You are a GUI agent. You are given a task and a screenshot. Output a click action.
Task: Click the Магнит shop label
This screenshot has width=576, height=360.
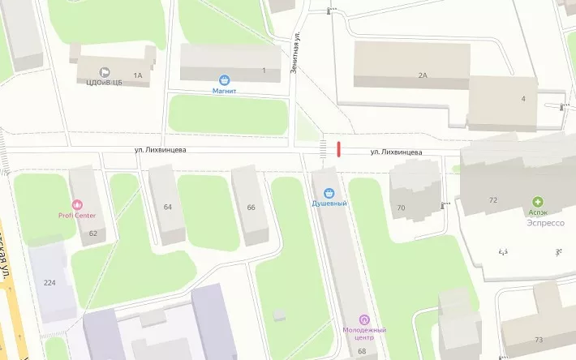(x=225, y=92)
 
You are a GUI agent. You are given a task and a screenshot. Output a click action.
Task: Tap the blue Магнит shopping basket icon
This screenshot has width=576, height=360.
(x=225, y=80)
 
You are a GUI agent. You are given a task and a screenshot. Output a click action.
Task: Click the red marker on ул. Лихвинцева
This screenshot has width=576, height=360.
(x=339, y=148)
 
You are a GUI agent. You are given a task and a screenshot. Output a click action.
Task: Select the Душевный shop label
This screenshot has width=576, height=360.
(x=329, y=204)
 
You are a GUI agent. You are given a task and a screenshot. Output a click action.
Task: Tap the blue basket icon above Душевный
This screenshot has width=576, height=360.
(x=329, y=193)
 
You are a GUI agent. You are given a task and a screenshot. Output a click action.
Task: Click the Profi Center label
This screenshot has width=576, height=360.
(x=77, y=216)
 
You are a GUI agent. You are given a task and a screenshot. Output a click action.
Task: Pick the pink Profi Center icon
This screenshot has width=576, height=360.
(x=78, y=205)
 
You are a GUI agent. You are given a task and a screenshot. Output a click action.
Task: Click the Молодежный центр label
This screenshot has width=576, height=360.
(x=363, y=334)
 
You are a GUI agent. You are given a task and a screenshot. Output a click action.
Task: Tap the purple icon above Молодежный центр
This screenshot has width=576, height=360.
(x=363, y=319)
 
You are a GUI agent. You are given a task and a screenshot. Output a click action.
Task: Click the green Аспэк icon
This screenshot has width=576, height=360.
(x=537, y=201)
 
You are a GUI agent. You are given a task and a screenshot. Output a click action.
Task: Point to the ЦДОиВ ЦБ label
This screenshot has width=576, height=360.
(x=104, y=82)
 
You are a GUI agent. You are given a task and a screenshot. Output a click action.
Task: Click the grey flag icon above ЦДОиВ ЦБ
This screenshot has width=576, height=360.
(x=104, y=71)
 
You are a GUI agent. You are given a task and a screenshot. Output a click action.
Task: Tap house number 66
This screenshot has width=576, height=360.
(x=251, y=208)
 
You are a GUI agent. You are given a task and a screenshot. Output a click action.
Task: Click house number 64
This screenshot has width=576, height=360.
(x=168, y=207)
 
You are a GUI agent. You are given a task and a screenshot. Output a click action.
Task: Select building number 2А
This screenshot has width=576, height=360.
(x=423, y=75)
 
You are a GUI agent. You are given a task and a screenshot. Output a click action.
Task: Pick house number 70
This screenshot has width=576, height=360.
(x=401, y=208)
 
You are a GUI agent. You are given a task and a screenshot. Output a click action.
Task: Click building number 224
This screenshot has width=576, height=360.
(x=49, y=282)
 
